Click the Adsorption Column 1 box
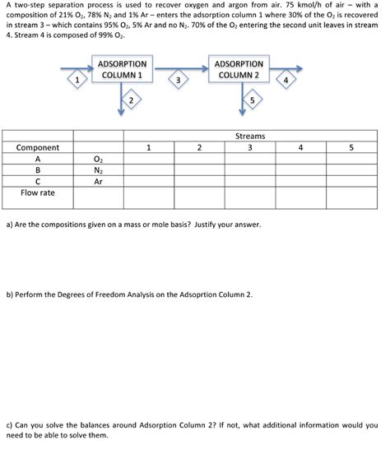coord(122,69)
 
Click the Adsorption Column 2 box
coord(238,69)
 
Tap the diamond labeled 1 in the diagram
coord(76,81)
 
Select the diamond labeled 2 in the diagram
coord(130,100)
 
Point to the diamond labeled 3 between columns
coord(178,80)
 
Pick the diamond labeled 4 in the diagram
coord(285,81)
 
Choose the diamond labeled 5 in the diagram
coord(252,100)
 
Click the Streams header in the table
coord(249,137)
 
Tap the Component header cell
coord(38,148)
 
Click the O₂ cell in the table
coord(99,160)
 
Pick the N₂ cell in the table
coord(99,171)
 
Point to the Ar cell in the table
coord(99,182)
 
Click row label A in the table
coord(38,160)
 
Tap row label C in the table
coord(38,182)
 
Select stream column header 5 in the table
coord(351,148)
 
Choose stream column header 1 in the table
coord(148,148)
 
